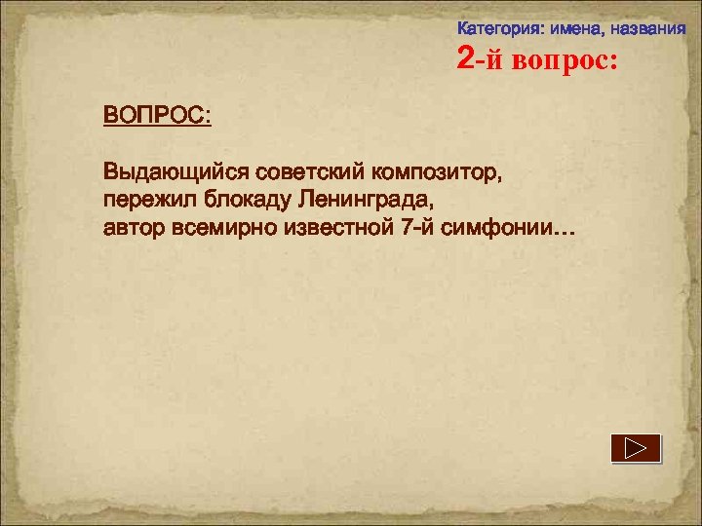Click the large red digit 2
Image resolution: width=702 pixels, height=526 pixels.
click(x=466, y=61)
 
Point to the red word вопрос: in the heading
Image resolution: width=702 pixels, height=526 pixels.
click(x=563, y=62)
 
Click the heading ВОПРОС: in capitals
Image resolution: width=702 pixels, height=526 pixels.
click(x=157, y=115)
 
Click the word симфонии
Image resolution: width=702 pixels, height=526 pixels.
click(x=491, y=230)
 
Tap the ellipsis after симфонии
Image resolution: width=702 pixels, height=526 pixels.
click(x=564, y=235)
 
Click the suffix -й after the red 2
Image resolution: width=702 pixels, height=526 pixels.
click(x=487, y=62)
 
